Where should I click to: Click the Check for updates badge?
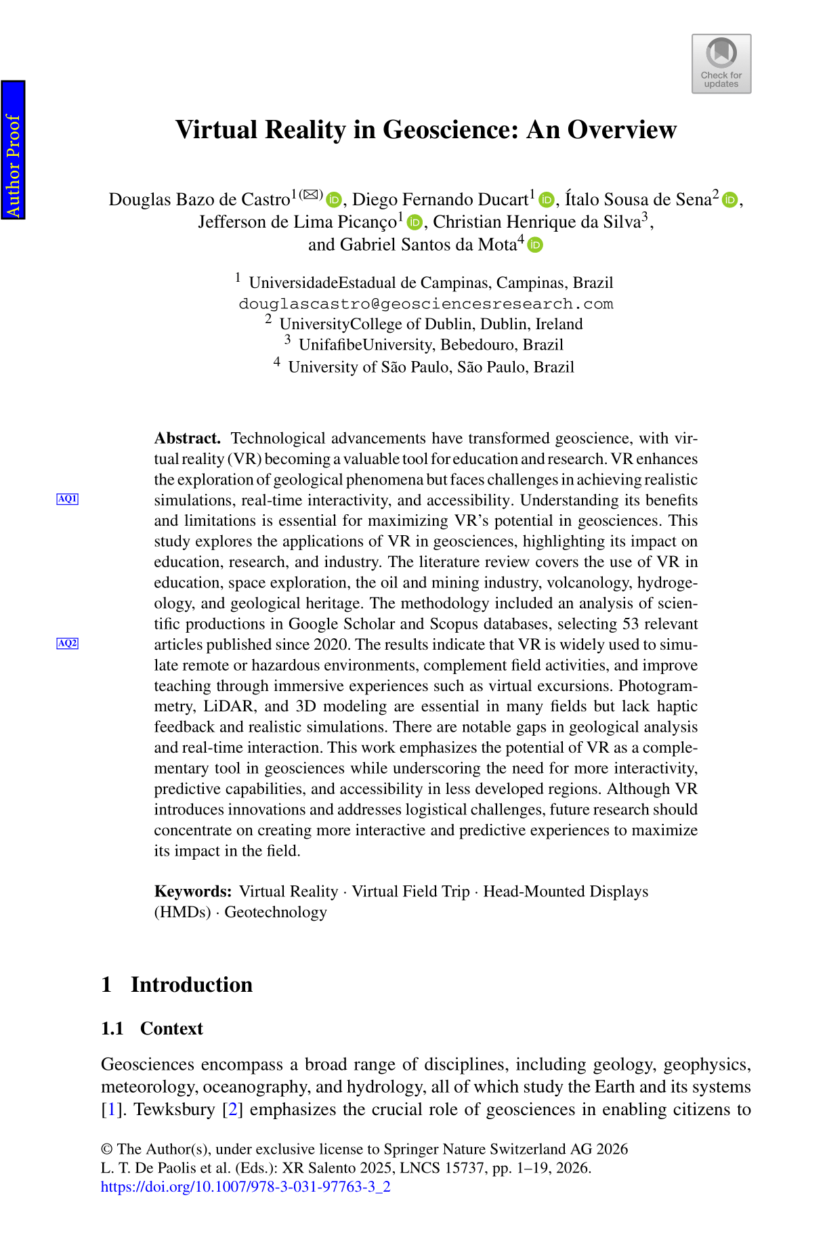click(x=721, y=64)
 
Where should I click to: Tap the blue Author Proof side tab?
click(x=13, y=150)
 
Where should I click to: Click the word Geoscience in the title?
click(x=452, y=129)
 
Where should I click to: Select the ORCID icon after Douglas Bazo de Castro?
click(x=334, y=200)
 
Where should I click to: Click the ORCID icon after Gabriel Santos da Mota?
click(x=535, y=245)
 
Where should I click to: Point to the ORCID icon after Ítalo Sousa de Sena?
click(x=729, y=200)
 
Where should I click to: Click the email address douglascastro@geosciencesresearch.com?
click(x=425, y=304)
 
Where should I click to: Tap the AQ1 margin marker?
click(x=67, y=499)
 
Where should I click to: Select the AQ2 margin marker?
click(x=67, y=643)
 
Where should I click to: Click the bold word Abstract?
click(x=187, y=438)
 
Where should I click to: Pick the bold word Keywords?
click(x=192, y=892)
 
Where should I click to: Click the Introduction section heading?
click(x=191, y=984)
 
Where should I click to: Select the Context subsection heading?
click(x=171, y=1028)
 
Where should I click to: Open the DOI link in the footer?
click(x=245, y=1186)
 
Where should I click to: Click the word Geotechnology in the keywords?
click(x=276, y=912)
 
